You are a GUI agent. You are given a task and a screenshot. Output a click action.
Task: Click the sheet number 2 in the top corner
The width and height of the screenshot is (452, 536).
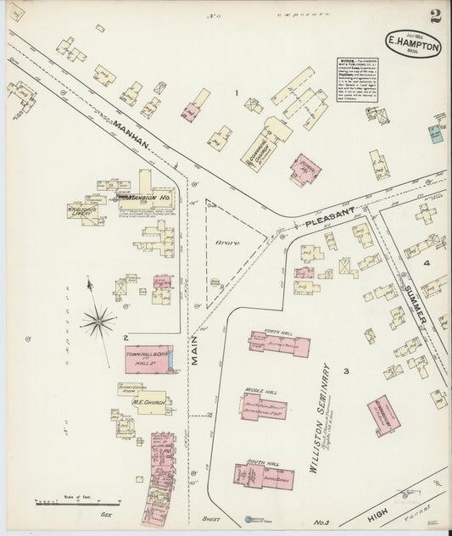point(434,16)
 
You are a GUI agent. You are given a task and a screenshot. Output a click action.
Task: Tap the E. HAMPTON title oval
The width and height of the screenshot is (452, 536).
point(413,45)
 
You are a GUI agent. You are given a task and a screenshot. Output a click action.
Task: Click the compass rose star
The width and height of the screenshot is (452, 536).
point(98,321)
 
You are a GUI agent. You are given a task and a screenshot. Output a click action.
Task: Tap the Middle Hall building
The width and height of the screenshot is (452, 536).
point(262,405)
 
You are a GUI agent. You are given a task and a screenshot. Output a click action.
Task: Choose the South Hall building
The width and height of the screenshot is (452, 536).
point(264,476)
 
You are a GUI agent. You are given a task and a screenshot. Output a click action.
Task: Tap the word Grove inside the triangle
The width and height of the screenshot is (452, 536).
point(226,243)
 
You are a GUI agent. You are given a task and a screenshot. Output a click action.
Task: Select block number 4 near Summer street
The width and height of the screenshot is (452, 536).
point(427,263)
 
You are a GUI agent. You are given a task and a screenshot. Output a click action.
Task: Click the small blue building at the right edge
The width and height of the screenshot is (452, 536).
point(436,133)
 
